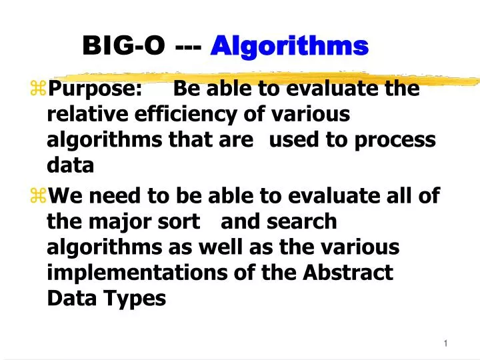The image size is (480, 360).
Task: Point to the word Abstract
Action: [348, 273]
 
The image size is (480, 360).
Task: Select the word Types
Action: [136, 299]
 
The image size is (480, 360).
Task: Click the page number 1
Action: [445, 343]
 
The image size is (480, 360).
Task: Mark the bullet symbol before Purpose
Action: [37, 89]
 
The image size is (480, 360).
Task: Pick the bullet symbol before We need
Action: [37, 196]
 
